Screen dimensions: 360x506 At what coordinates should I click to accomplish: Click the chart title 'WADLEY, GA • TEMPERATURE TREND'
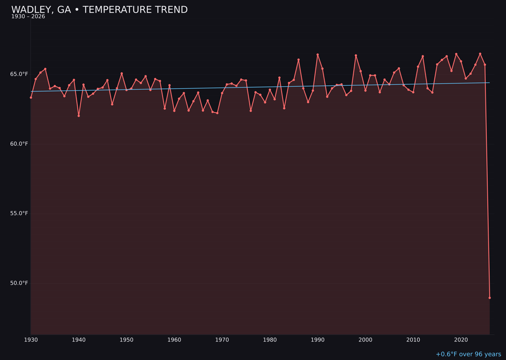(99, 10)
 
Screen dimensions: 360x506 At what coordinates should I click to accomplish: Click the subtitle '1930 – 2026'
(28, 17)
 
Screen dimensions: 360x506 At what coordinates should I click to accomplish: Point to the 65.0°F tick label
(19, 74)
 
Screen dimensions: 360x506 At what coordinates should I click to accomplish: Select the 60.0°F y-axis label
(19, 144)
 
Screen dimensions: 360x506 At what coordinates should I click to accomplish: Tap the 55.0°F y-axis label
(19, 213)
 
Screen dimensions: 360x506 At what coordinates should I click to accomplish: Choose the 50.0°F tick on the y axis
(19, 283)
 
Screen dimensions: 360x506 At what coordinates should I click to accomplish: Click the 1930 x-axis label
(31, 340)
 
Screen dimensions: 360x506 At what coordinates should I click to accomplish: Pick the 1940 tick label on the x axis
(79, 340)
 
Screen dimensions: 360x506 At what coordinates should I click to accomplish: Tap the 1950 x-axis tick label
(126, 340)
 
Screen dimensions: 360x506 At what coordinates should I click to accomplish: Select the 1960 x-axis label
(174, 340)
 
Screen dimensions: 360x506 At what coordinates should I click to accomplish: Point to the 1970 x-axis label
(222, 340)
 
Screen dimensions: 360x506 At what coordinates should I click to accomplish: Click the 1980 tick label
(270, 340)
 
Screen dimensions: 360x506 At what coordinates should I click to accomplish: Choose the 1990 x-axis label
(318, 340)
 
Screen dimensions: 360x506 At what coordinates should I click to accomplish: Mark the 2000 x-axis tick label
(365, 340)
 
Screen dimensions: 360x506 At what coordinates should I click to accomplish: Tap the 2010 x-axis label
(413, 340)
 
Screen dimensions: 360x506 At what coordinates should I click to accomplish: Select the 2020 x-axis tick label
(461, 340)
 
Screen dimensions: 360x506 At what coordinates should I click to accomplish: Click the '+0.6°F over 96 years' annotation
(468, 354)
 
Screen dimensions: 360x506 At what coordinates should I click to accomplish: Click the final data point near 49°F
(490, 298)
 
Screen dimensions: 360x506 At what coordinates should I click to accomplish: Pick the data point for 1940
(79, 116)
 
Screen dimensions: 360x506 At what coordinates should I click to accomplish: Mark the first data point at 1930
(31, 97)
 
